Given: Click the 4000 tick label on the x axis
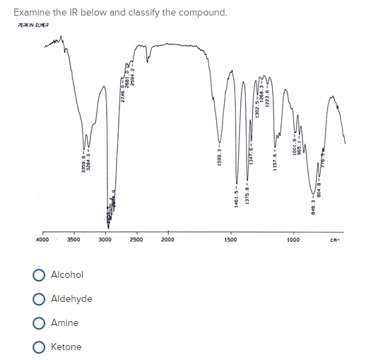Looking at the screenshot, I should click(42, 241).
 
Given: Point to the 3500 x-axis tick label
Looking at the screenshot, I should click(73, 241).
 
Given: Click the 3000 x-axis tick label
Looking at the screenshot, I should click(105, 241).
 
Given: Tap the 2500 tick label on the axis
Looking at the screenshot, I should click(136, 241).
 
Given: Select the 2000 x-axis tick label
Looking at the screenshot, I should click(168, 241).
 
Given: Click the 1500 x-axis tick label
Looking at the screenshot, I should click(230, 241).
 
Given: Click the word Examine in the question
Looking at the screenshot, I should click(32, 12).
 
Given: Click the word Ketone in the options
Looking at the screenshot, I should click(66, 347).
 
